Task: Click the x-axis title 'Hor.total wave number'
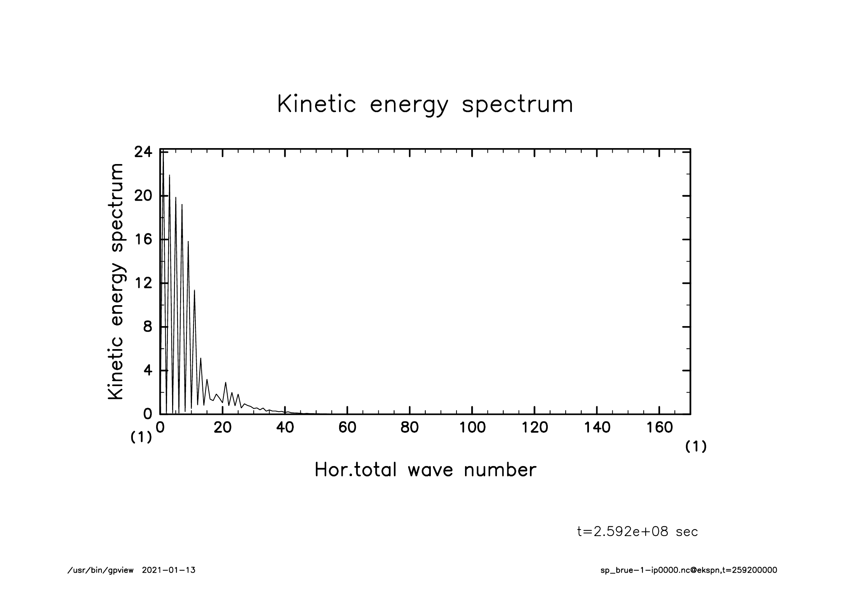[x=425, y=470]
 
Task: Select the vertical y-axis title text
[x=116, y=281]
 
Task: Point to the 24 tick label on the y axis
[x=143, y=152]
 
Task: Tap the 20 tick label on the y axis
[x=143, y=196]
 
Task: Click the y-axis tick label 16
[x=143, y=239]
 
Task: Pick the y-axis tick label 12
[x=143, y=283]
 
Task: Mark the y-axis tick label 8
[x=147, y=327]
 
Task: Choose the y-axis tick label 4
[x=147, y=370]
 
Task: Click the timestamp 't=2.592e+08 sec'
[x=637, y=532]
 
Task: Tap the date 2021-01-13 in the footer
[x=169, y=570]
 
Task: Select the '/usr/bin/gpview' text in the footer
[x=101, y=570]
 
